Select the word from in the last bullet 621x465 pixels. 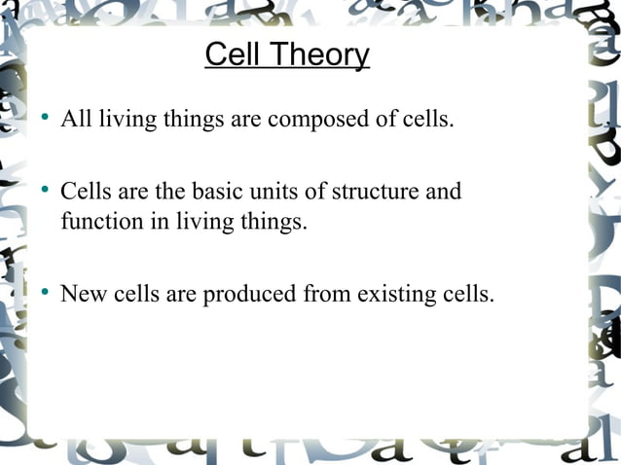[x=324, y=294]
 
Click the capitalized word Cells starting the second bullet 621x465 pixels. [x=85, y=192]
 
